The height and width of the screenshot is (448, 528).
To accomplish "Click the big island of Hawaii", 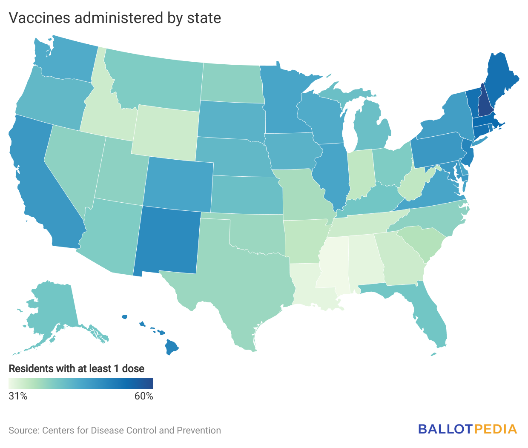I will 172,347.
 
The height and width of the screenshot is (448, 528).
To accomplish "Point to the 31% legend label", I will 18,396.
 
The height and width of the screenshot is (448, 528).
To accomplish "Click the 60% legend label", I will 144,396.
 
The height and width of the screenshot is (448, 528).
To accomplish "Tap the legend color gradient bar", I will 81,384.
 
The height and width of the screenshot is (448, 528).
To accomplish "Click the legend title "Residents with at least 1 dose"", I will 77,368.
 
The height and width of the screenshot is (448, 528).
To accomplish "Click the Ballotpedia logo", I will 468,429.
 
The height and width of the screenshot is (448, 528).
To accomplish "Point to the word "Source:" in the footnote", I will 24,431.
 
